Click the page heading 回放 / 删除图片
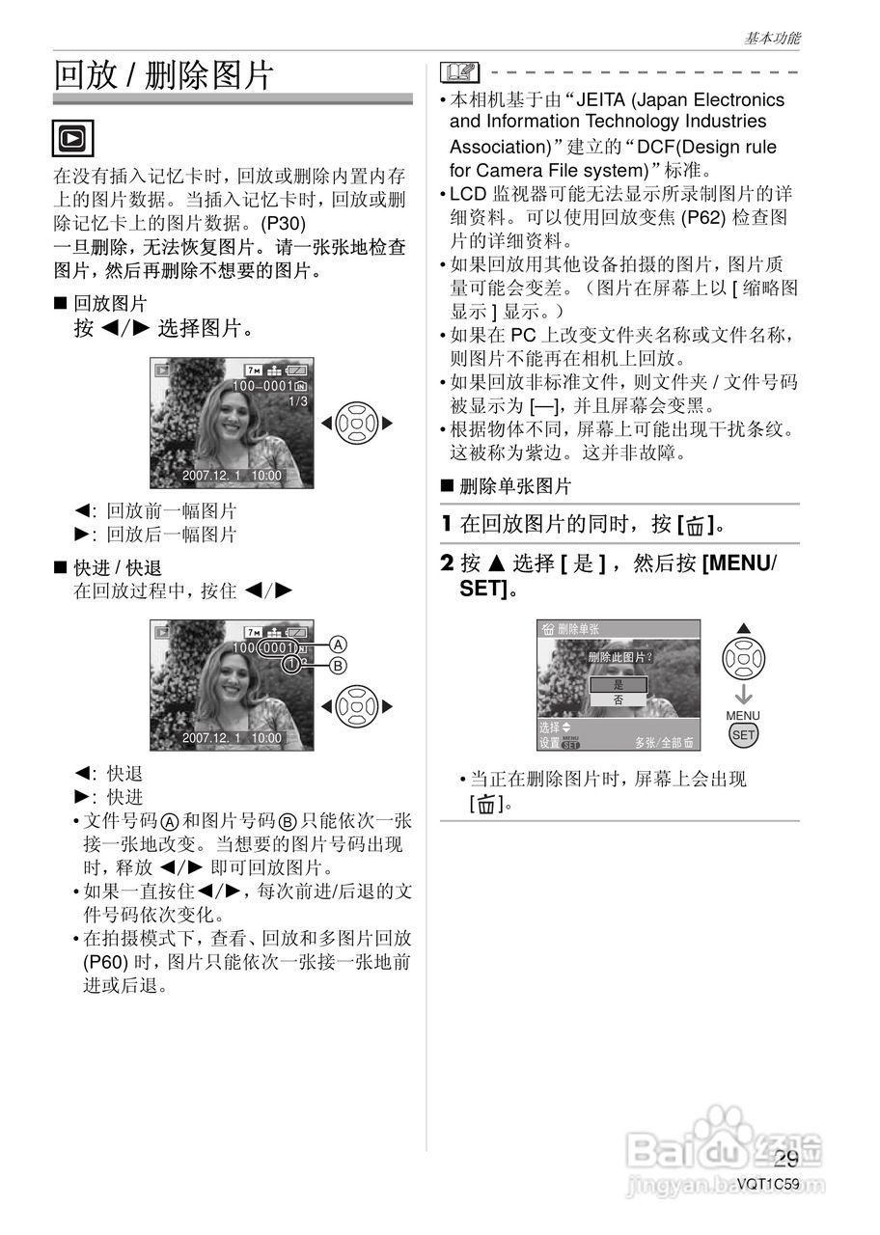point(164,75)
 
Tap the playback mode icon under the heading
point(73,137)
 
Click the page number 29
point(786,1159)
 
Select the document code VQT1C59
point(768,1185)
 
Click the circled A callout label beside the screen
point(338,645)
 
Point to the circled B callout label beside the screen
point(338,665)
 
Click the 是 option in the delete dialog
point(618,684)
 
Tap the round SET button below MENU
point(743,734)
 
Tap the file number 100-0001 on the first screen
point(263,386)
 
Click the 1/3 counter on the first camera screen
point(298,401)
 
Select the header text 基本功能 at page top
point(772,39)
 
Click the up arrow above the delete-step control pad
point(743,629)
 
